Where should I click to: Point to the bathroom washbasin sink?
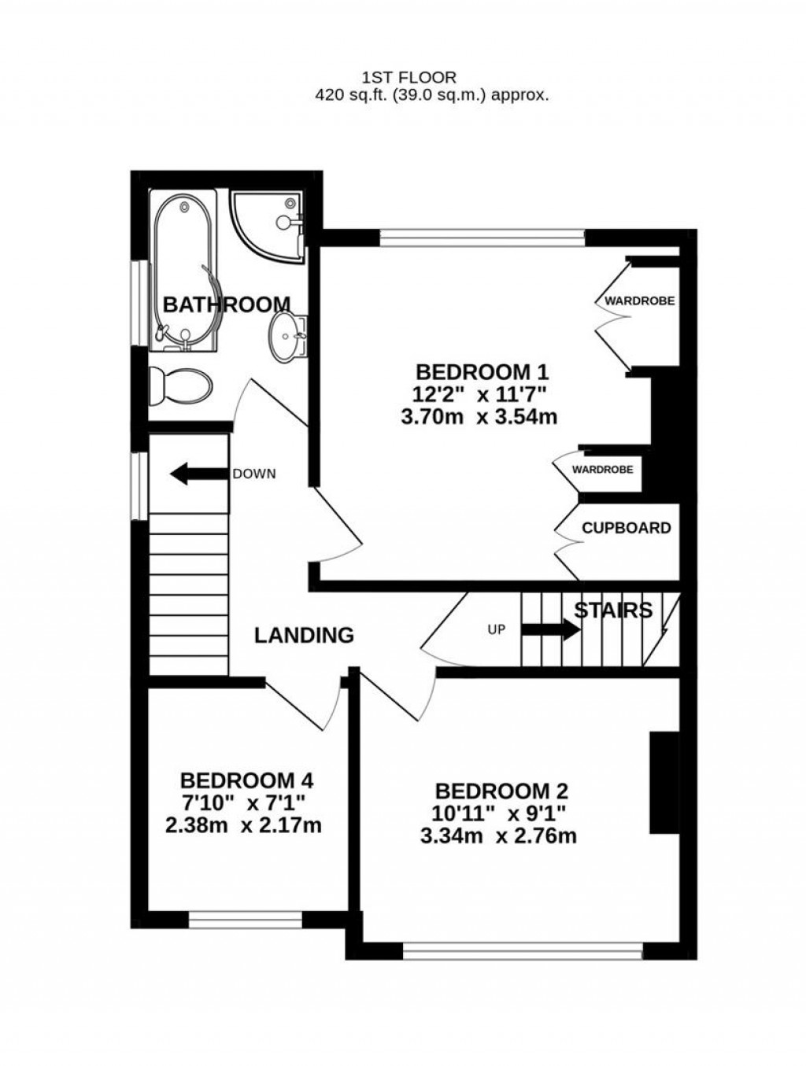[288, 338]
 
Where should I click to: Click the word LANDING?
[304, 635]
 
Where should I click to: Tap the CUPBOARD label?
[626, 528]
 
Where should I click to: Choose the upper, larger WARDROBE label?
[639, 301]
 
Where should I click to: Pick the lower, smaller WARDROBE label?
[602, 470]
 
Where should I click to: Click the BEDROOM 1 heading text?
[482, 371]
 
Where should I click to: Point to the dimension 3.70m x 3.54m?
[479, 416]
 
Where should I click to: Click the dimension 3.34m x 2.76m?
[498, 835]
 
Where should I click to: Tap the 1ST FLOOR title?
[409, 77]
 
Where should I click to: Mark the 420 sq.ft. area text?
[431, 96]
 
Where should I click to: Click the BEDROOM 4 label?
[246, 780]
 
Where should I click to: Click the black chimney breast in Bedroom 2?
[664, 782]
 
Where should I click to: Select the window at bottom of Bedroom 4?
[246, 918]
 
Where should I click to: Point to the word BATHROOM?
[226, 304]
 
